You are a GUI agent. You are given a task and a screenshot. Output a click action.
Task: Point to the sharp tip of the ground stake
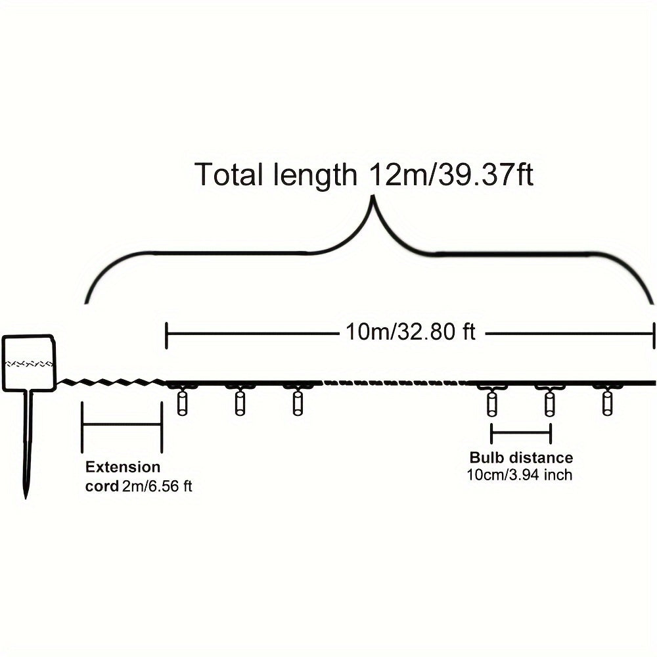click(26, 498)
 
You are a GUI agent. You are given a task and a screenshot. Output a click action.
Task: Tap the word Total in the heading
click(231, 174)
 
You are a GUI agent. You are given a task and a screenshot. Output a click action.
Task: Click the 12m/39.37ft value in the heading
click(451, 174)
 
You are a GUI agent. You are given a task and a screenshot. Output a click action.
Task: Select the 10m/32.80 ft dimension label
click(411, 332)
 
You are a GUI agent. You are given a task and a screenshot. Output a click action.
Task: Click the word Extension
click(123, 466)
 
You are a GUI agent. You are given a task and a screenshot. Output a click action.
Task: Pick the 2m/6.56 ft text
click(157, 486)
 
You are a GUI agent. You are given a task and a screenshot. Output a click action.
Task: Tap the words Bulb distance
click(521, 457)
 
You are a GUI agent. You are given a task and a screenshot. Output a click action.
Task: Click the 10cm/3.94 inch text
click(520, 475)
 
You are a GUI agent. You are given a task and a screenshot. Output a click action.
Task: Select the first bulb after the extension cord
click(182, 403)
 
